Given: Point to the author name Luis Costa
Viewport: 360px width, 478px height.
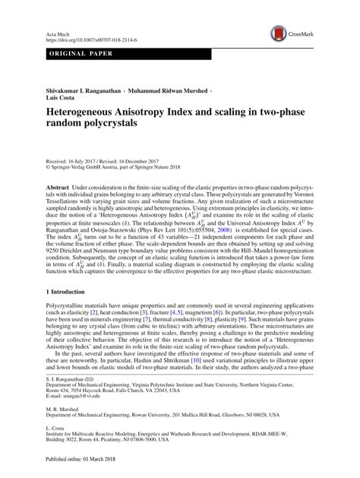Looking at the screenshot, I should click(x=63, y=99).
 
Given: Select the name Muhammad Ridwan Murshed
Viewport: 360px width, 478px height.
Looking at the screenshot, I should click(x=167, y=90).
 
